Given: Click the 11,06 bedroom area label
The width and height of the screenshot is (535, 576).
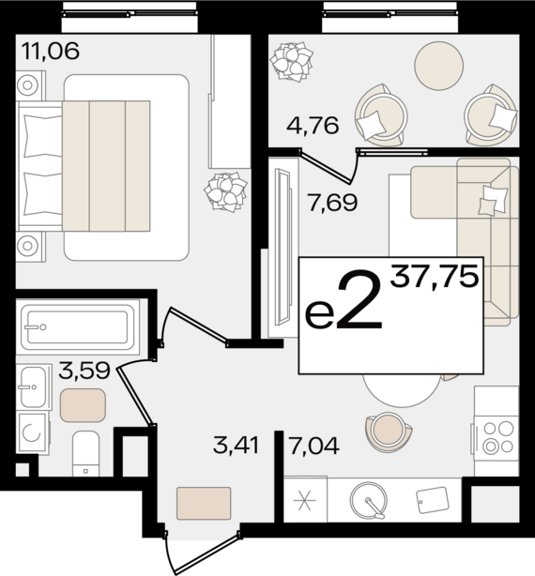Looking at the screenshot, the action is click(51, 51).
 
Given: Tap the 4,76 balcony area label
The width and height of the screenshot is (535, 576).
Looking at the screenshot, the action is click(313, 126).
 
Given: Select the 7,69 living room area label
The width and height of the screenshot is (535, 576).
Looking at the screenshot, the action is click(333, 203).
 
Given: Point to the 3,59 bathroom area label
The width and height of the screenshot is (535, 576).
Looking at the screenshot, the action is click(84, 371).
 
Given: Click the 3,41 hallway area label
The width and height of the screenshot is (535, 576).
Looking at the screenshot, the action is click(237, 446).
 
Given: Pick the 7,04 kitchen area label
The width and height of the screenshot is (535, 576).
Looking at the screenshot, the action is click(313, 446).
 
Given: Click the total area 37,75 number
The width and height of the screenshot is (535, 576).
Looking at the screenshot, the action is click(435, 276).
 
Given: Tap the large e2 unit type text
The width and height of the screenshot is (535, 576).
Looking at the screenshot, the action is click(344, 301).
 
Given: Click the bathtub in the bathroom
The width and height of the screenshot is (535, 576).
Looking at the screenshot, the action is click(78, 327).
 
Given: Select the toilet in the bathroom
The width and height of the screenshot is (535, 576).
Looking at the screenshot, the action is click(85, 454).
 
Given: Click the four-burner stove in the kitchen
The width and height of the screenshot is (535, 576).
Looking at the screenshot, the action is click(497, 437).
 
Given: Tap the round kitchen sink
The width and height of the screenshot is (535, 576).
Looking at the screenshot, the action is click(369, 500).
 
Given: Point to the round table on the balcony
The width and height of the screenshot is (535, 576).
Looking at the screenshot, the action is click(438, 66).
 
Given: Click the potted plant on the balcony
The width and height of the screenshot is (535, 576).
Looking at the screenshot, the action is click(292, 62).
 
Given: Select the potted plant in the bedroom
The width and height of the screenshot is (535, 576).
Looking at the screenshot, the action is click(225, 192).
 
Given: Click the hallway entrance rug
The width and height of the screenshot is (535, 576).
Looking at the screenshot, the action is click(204, 503).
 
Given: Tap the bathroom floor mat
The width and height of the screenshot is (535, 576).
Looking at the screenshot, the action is click(83, 405).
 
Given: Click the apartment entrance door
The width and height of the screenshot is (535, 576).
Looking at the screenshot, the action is click(203, 553).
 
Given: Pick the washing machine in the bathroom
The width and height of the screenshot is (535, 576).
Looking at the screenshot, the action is click(33, 432).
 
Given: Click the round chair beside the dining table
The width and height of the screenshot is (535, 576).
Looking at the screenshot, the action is click(389, 432).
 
